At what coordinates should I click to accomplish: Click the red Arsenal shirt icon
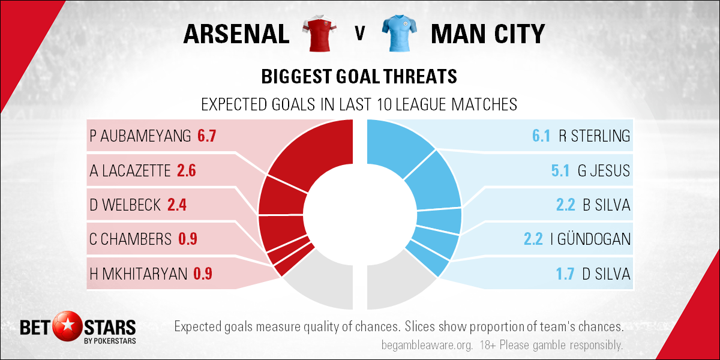click(319, 33)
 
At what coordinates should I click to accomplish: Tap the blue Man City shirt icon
click(400, 33)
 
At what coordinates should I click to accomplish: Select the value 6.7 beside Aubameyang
click(206, 136)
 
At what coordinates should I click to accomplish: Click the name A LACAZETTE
click(130, 170)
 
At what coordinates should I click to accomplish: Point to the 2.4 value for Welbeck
click(177, 205)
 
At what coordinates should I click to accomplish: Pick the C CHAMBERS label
click(131, 239)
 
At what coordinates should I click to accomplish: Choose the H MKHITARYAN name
click(138, 274)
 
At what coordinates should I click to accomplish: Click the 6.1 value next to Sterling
click(541, 136)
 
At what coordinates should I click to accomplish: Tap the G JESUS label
click(604, 170)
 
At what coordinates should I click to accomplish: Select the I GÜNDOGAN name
click(590, 239)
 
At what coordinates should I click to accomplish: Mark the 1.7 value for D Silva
click(565, 274)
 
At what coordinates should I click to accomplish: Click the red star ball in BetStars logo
click(67, 326)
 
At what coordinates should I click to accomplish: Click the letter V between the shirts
click(360, 34)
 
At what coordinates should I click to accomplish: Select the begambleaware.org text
click(427, 346)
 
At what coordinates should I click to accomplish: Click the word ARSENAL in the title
click(236, 34)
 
